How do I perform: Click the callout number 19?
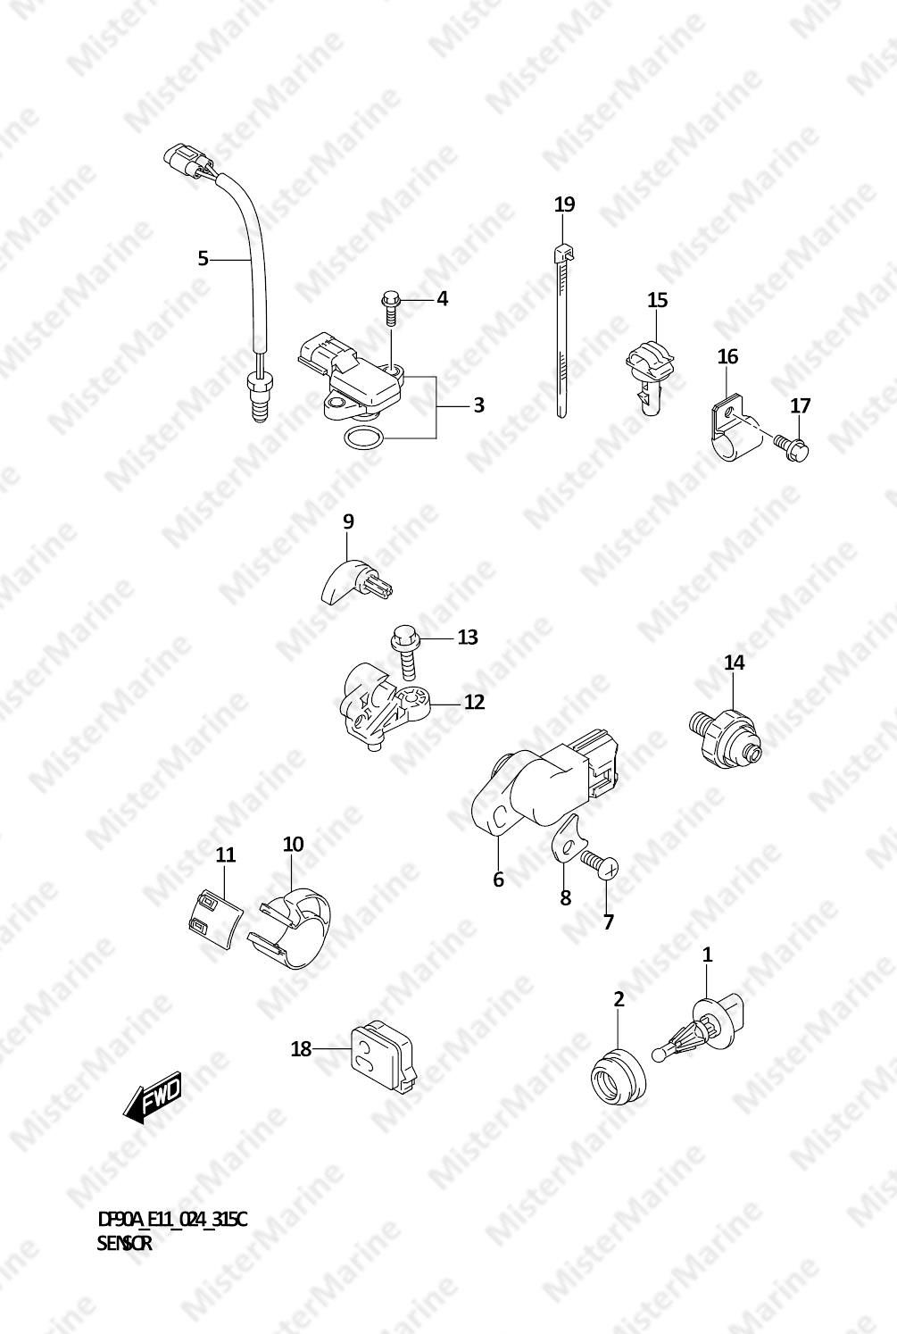(564, 204)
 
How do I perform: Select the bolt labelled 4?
(390, 308)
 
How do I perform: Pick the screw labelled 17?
(792, 445)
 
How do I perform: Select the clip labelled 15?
(650, 376)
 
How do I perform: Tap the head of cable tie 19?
(564, 254)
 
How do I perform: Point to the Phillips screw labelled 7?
(600, 865)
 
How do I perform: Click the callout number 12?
(475, 702)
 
